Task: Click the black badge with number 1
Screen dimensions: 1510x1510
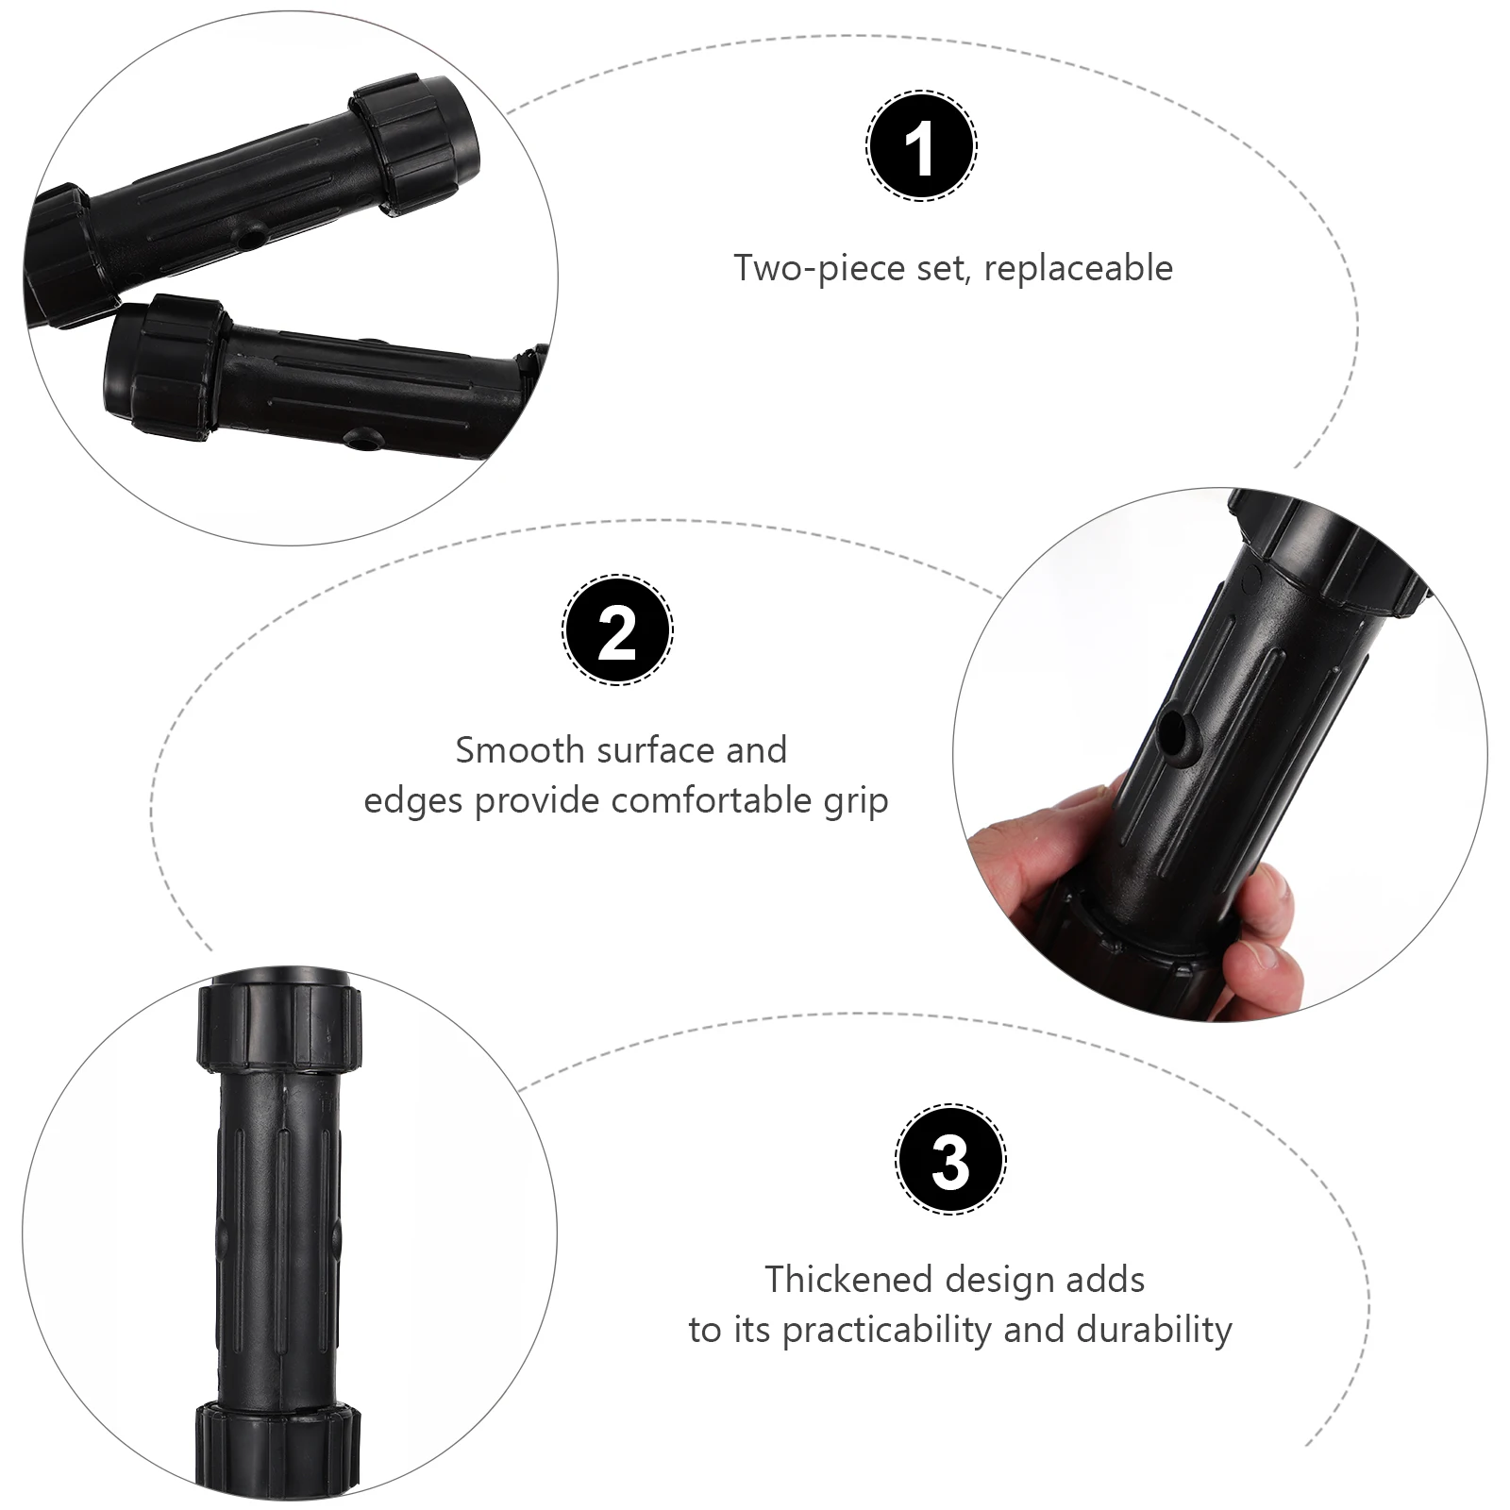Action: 921,146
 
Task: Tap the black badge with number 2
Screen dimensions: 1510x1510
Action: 617,629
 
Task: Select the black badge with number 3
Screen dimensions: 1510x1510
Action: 950,1159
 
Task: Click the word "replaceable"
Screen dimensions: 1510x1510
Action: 1078,269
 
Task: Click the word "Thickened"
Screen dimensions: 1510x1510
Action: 848,1281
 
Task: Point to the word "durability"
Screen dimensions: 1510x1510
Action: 1154,1330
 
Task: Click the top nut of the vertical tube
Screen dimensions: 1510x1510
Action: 279,1025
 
